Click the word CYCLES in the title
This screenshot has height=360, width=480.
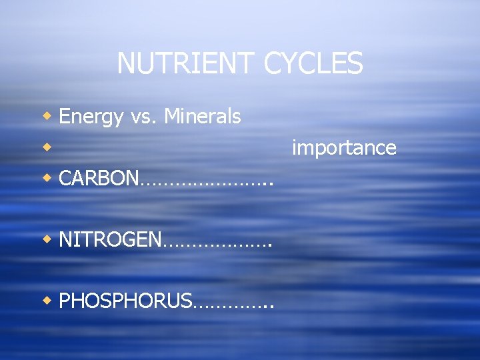313,64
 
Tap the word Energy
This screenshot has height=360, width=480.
91,117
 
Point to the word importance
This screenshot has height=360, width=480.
344,148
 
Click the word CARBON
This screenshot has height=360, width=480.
99,179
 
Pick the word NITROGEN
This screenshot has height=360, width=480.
110,239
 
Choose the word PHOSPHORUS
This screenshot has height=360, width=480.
125,301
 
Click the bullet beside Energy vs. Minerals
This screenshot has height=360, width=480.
47,117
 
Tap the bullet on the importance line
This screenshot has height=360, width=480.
47,147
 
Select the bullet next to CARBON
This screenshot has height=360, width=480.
47,178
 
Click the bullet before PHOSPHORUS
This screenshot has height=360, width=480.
47,300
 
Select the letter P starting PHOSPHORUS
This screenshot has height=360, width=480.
64,301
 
